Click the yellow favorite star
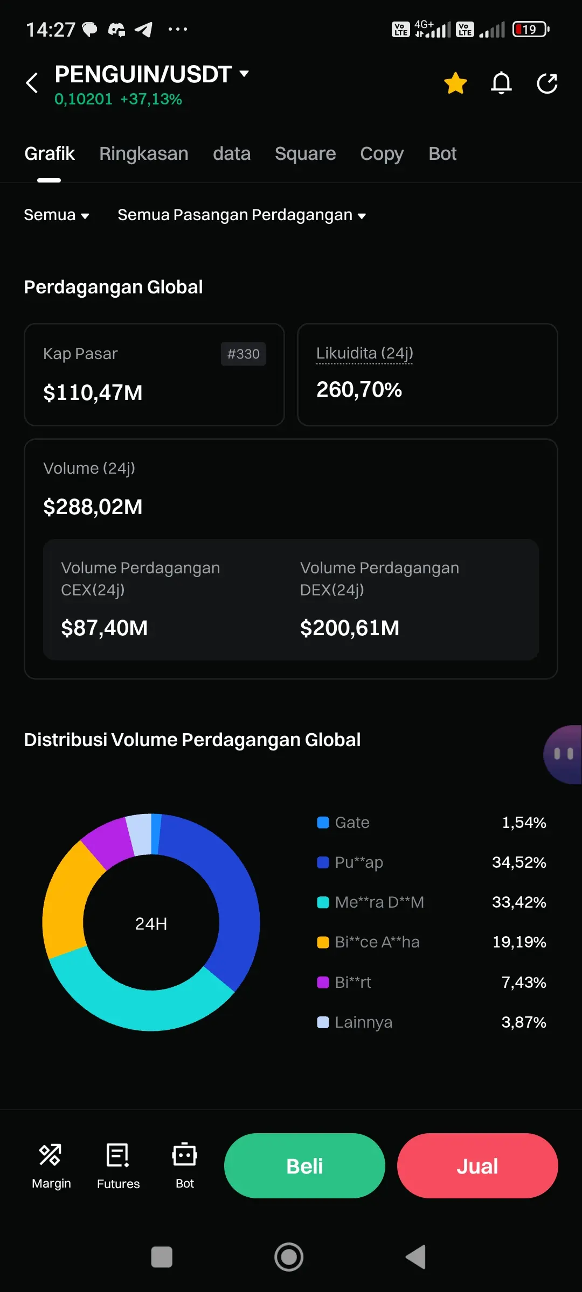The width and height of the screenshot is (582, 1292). coord(455,83)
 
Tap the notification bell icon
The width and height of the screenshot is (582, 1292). coord(501,83)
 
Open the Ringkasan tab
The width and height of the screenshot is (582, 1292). coord(144,154)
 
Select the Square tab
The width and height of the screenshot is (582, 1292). coord(305,154)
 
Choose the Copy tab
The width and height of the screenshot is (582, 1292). coord(382,154)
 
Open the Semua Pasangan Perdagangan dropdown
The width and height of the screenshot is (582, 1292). coord(241,215)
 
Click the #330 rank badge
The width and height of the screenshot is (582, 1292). coord(243,354)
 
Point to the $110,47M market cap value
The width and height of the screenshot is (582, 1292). coord(93,393)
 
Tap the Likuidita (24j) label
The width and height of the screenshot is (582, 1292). coord(365,353)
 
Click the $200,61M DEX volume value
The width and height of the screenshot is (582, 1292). coord(350,628)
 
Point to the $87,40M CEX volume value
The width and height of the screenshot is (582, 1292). coord(104,628)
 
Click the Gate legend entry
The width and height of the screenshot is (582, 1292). coord(351,823)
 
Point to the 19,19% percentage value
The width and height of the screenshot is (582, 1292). coord(519,942)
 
